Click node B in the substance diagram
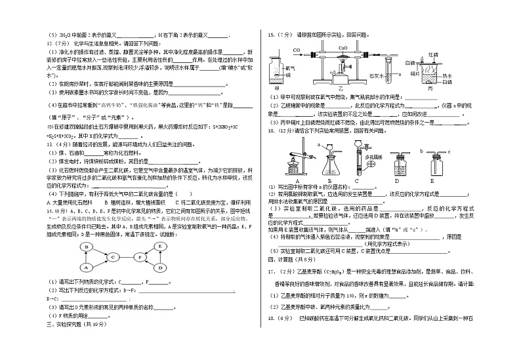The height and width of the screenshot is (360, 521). point(85,247)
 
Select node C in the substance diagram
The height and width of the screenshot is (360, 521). point(113,257)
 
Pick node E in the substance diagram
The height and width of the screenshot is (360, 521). point(161,247)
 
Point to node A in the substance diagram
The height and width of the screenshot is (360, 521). point(85,268)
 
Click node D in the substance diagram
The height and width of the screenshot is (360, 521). point(161,268)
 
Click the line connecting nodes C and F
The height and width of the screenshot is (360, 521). point(127,257)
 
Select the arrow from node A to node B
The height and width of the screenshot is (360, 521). point(85,257)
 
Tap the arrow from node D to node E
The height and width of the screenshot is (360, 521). point(161,257)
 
